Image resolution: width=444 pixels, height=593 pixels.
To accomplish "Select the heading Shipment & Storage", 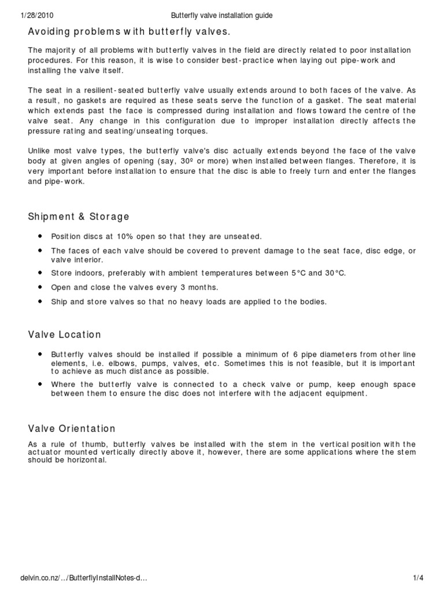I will point(79,217).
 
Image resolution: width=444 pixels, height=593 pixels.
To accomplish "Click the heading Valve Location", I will point(65,335).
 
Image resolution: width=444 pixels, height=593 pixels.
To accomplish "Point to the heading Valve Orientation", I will point(72,429).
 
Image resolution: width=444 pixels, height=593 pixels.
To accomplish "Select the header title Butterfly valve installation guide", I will point(222,16).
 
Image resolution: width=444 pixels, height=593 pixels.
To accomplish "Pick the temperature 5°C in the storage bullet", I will point(299,272).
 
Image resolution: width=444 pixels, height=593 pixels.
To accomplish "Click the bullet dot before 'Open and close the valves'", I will point(40,287).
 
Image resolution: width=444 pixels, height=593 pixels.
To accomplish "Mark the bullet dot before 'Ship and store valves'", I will point(40,302).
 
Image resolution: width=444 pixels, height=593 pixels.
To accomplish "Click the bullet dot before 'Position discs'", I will point(40,236).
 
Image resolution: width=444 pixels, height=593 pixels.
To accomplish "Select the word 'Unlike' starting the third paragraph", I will point(40,152).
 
